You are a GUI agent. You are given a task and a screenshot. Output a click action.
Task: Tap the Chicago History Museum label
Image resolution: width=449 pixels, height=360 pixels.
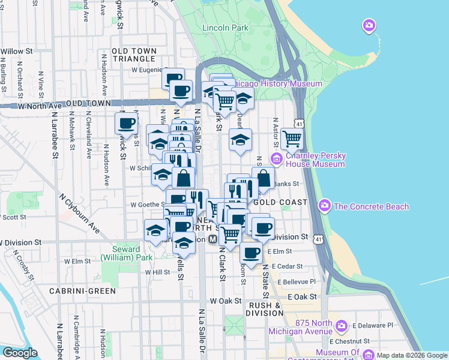[277, 84]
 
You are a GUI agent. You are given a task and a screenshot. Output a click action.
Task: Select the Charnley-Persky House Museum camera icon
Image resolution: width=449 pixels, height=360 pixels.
[277, 159]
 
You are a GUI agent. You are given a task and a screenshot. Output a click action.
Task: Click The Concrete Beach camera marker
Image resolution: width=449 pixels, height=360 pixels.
[325, 206]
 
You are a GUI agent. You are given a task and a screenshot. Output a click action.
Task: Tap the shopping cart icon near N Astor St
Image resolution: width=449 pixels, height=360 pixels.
[292, 139]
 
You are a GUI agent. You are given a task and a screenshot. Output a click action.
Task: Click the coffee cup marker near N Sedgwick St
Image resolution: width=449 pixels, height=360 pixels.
[126, 124]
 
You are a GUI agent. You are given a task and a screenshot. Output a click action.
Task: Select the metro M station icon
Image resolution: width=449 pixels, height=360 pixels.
[212, 239]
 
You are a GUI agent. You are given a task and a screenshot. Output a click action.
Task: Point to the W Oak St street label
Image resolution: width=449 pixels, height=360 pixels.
[225, 301]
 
